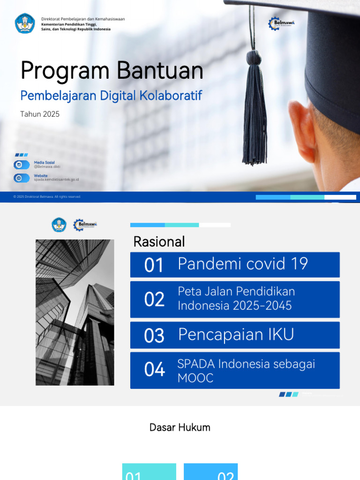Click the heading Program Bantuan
(x=112, y=71)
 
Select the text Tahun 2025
(x=40, y=114)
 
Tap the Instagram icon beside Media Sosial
(x=19, y=165)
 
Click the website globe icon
(x=19, y=178)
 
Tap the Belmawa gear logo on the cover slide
(x=275, y=23)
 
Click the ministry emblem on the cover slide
(x=25, y=23)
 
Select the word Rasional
(x=159, y=242)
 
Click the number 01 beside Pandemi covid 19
(x=154, y=265)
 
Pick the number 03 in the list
(x=154, y=336)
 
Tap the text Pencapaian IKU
(x=236, y=335)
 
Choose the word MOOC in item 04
(x=195, y=378)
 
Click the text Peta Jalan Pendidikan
(x=236, y=292)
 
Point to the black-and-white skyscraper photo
(x=75, y=312)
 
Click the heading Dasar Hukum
(x=180, y=427)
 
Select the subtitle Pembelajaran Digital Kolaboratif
(x=111, y=96)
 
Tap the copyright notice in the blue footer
(x=47, y=197)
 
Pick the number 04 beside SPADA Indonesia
(x=154, y=370)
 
